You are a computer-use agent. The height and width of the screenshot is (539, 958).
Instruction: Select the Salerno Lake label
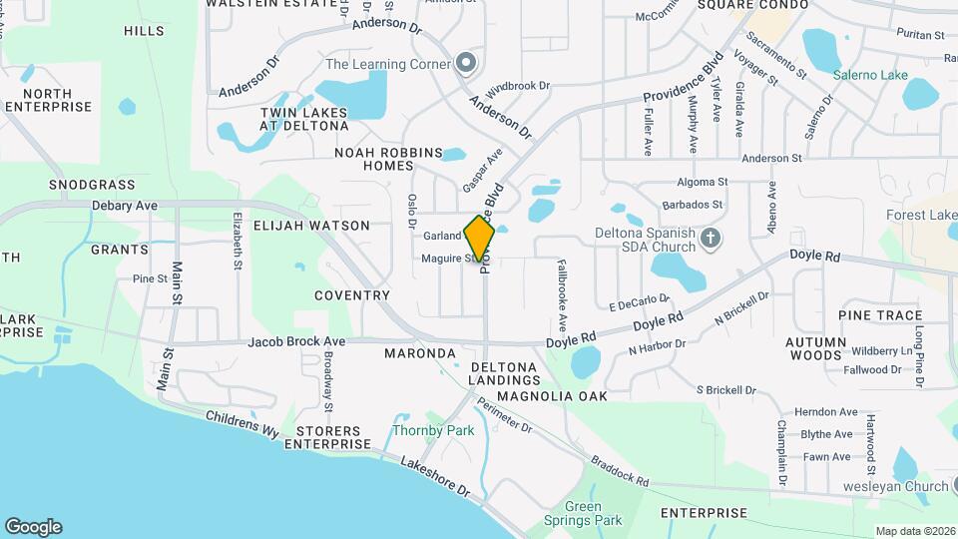click(871, 75)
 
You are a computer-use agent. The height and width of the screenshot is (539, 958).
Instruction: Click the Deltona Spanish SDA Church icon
click(710, 238)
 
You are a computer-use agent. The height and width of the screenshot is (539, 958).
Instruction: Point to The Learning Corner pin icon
click(465, 63)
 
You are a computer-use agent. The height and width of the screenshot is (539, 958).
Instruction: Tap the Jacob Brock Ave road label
click(296, 341)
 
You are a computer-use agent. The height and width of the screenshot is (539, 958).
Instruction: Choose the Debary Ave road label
click(125, 206)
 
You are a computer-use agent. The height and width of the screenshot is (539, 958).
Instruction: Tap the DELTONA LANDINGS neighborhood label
click(504, 374)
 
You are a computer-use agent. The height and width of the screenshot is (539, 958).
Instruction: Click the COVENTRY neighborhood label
click(351, 295)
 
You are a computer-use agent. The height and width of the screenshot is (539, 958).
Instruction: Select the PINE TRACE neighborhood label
click(880, 315)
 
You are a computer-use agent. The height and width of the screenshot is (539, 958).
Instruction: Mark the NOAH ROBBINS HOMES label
click(388, 159)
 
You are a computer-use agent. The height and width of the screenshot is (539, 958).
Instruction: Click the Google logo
click(33, 527)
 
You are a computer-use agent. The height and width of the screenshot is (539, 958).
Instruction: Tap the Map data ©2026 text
click(914, 531)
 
